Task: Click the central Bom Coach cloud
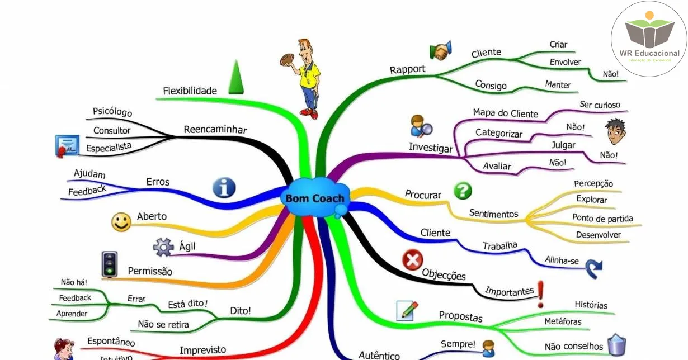click(315, 198)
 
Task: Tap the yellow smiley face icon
click(121, 222)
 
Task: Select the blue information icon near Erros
click(224, 188)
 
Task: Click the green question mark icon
click(463, 191)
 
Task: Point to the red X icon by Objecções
click(413, 260)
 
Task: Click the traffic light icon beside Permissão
click(110, 264)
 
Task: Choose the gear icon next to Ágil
click(163, 247)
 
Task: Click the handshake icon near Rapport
click(441, 51)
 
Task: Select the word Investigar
click(431, 148)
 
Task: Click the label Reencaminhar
click(215, 130)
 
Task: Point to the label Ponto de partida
click(602, 218)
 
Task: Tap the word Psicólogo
click(112, 111)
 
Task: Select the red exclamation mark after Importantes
click(541, 293)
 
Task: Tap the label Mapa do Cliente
click(505, 113)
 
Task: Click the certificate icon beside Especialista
click(67, 146)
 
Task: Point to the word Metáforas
click(563, 321)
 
